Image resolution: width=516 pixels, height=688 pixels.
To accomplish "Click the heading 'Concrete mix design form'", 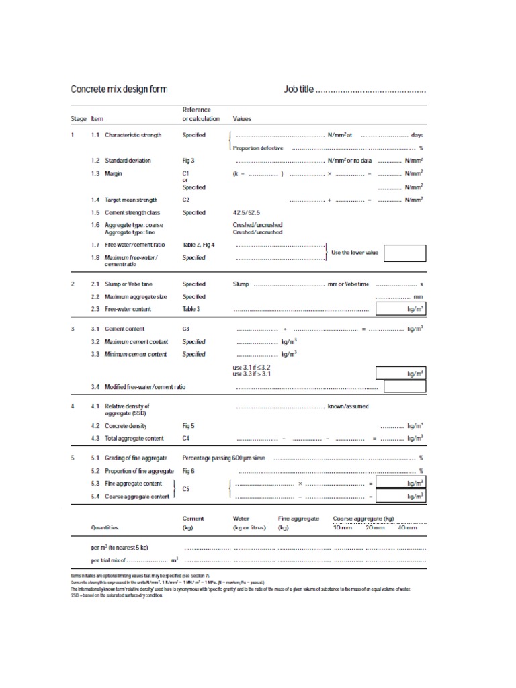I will [119, 89].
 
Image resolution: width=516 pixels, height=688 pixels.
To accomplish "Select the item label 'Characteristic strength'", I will [133, 135].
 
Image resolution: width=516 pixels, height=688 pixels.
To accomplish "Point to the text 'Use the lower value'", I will [355, 253].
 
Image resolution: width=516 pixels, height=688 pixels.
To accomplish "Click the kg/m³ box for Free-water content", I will [400, 309].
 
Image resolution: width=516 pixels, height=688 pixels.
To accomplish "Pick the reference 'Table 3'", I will [191, 309].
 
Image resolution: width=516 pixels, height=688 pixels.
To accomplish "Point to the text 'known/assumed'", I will [347, 406].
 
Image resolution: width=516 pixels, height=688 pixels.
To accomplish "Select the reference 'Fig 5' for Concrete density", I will [189, 426].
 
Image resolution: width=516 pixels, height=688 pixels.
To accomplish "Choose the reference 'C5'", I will [187, 490].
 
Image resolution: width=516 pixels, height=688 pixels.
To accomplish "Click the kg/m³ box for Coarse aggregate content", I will [400, 497].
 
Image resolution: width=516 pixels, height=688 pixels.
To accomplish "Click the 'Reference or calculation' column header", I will [201, 114].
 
